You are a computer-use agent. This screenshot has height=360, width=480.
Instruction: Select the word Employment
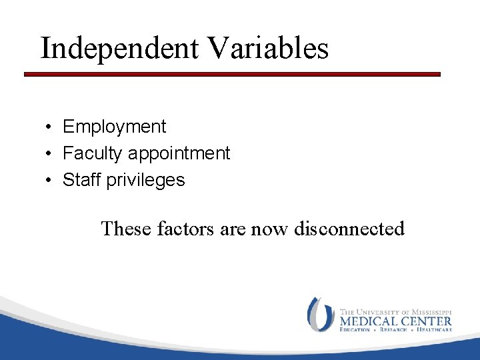(x=114, y=127)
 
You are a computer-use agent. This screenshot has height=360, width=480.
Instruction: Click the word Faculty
(x=93, y=153)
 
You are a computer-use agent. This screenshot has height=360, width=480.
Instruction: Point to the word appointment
(x=179, y=154)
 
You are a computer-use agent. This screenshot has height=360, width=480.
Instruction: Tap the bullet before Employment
(x=49, y=127)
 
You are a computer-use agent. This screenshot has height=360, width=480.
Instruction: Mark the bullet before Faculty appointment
(x=49, y=154)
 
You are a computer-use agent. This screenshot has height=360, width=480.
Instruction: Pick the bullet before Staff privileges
(x=49, y=181)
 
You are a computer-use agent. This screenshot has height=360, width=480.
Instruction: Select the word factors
(x=183, y=229)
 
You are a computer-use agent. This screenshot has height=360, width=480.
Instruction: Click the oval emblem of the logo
(x=321, y=314)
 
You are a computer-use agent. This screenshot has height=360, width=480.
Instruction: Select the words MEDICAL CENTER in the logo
(x=395, y=320)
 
